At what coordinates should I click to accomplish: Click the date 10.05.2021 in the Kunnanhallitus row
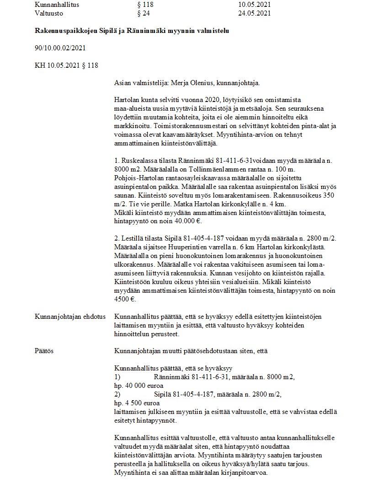254,5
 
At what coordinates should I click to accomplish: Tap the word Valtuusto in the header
48,13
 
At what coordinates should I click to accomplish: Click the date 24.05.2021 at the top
254,13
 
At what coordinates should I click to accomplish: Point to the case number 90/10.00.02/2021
60,48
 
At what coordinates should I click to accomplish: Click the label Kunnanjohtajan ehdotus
70,317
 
